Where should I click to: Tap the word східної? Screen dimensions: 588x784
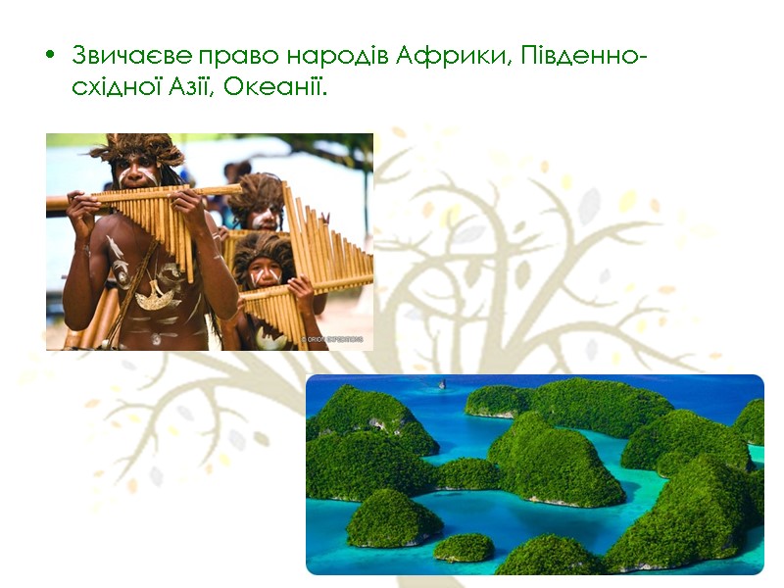(x=114, y=86)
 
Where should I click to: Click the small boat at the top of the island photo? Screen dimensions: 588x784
(x=440, y=383)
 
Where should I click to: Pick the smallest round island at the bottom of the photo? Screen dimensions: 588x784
(x=464, y=547)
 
